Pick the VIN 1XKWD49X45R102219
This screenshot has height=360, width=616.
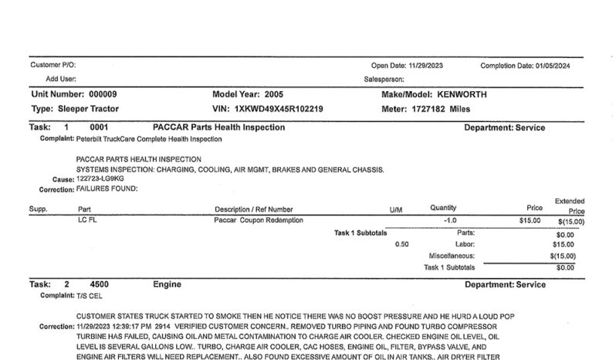point(279,109)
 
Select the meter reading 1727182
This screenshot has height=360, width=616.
point(432,109)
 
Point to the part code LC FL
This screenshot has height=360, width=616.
point(86,221)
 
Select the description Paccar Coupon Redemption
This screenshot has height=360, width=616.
point(259,221)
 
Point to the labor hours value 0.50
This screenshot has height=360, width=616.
point(401,244)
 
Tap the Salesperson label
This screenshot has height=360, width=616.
point(384,79)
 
